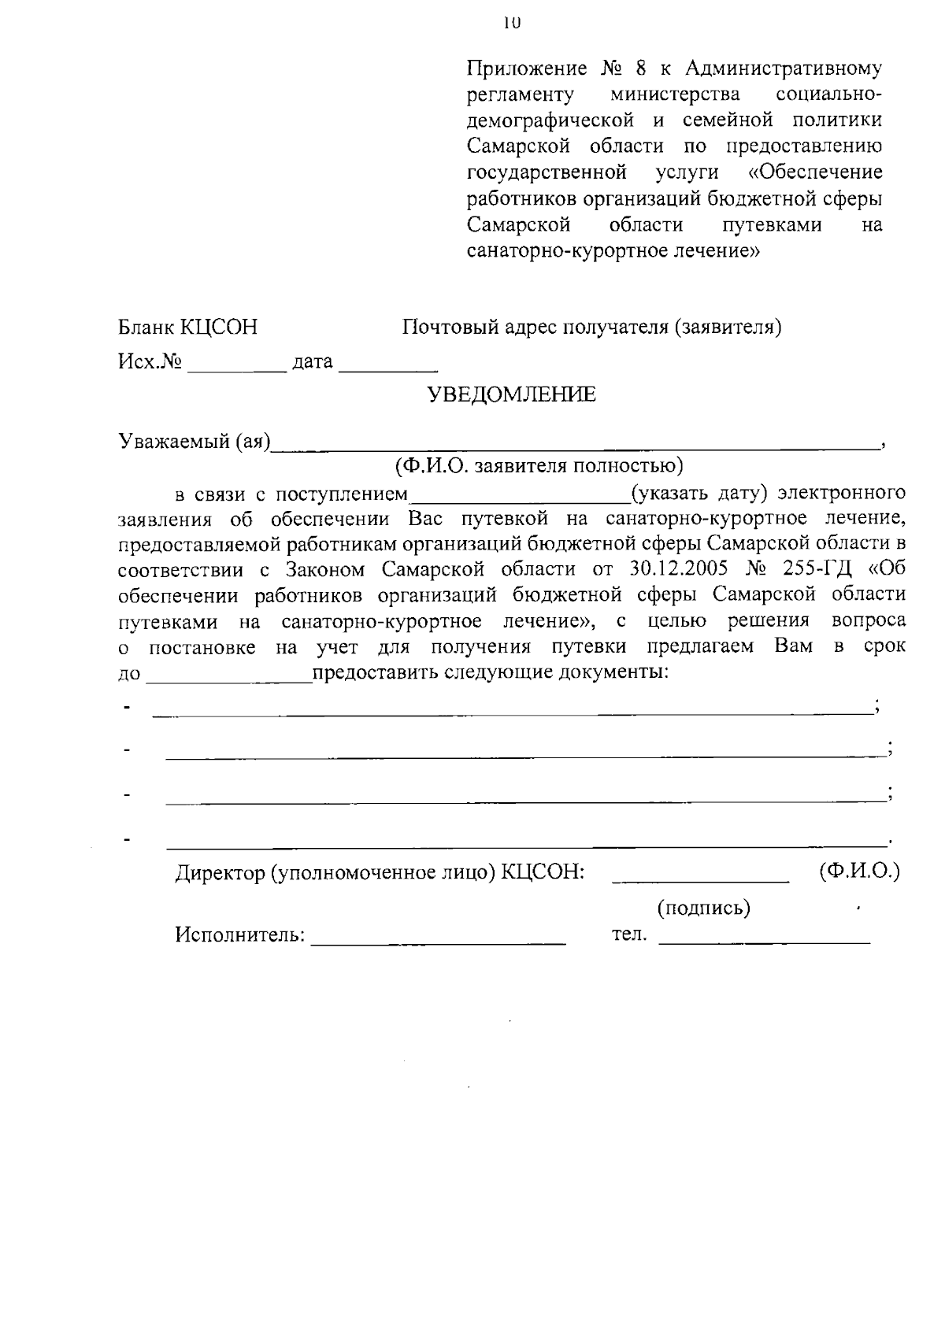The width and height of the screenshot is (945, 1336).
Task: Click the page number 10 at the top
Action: click(x=510, y=23)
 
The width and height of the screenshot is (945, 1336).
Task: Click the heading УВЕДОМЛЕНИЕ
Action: click(x=511, y=395)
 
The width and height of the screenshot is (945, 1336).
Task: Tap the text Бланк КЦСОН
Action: click(x=187, y=328)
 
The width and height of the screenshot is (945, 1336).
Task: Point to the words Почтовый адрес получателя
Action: click(x=535, y=328)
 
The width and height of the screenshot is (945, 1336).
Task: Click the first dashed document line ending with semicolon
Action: click(x=512, y=713)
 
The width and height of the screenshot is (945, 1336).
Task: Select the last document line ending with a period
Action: click(x=526, y=846)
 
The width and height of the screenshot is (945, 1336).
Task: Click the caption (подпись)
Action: click(x=703, y=909)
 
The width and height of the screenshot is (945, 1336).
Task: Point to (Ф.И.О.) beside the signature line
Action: click(x=859, y=872)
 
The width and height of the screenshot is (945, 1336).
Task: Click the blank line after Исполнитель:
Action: click(x=439, y=941)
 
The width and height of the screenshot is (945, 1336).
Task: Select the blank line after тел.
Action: click(x=764, y=941)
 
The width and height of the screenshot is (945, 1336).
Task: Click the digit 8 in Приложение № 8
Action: click(x=642, y=68)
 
